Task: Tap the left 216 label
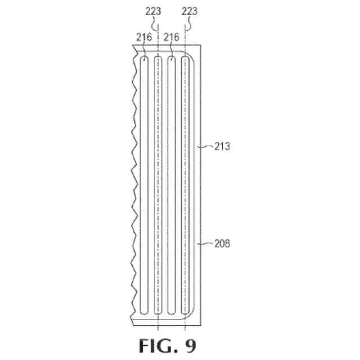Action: coord(143,37)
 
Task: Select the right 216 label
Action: coord(171,37)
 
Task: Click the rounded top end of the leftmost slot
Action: coord(145,58)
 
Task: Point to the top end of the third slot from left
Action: coord(172,58)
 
